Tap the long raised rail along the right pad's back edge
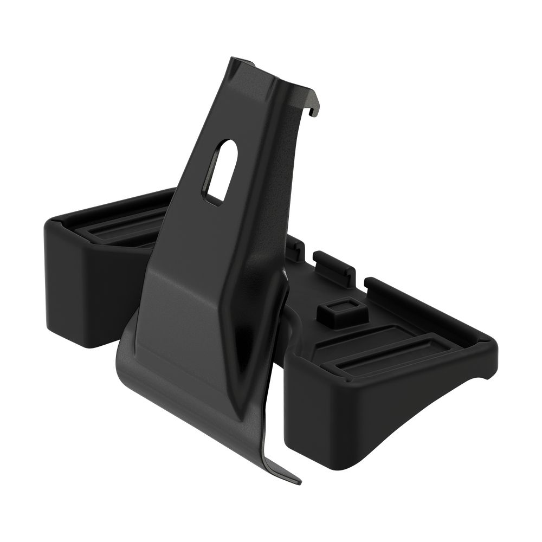(428, 309)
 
